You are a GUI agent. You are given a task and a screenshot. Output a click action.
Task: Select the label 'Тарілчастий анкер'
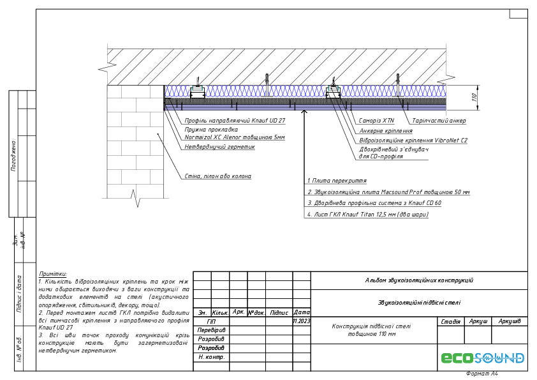click(439, 121)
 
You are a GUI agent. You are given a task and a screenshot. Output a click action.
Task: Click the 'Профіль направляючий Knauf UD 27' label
click(235, 121)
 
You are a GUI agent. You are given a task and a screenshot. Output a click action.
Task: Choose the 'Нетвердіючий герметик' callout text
click(219, 147)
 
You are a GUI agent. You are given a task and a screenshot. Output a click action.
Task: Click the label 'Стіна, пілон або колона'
click(217, 176)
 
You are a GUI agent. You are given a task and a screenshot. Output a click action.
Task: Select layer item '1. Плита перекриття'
click(337, 181)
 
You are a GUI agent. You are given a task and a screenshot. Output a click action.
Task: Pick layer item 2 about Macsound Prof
click(388, 192)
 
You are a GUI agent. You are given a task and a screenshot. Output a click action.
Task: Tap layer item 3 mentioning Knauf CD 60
click(374, 203)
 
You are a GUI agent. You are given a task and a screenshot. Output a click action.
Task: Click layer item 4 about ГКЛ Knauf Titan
click(367, 215)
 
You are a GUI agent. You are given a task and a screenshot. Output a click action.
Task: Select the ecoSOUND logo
click(483, 358)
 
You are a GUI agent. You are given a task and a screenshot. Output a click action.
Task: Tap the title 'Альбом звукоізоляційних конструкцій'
click(419, 280)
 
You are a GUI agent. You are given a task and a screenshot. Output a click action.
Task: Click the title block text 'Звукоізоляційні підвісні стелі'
click(419, 303)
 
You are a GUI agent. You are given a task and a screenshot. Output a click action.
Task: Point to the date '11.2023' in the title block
click(301, 321)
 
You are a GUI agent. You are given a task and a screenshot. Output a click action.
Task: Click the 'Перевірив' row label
click(211, 330)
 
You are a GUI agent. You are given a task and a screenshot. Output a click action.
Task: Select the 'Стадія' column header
click(451, 321)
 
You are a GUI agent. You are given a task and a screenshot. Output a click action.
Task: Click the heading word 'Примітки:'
click(53, 273)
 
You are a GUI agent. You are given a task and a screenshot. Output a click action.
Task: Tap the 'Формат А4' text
click(482, 374)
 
